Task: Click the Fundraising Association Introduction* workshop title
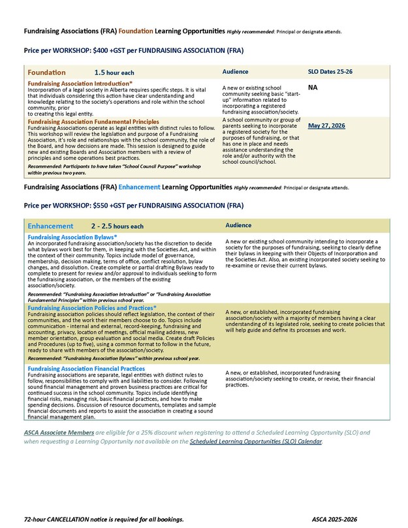pos(80,84)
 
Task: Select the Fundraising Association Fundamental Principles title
pos(93,121)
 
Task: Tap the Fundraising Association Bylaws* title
pos(72,237)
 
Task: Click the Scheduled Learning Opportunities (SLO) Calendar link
pos(255,442)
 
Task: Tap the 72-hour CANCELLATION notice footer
pos(104,519)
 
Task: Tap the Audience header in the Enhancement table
pos(239,225)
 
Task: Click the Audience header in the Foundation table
pos(236,71)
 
